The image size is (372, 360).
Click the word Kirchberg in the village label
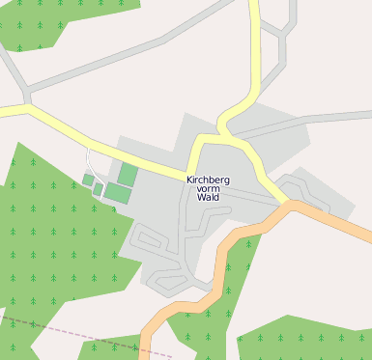click(208, 179)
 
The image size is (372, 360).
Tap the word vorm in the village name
click(208, 188)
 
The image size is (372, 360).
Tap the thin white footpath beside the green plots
click(89, 164)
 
